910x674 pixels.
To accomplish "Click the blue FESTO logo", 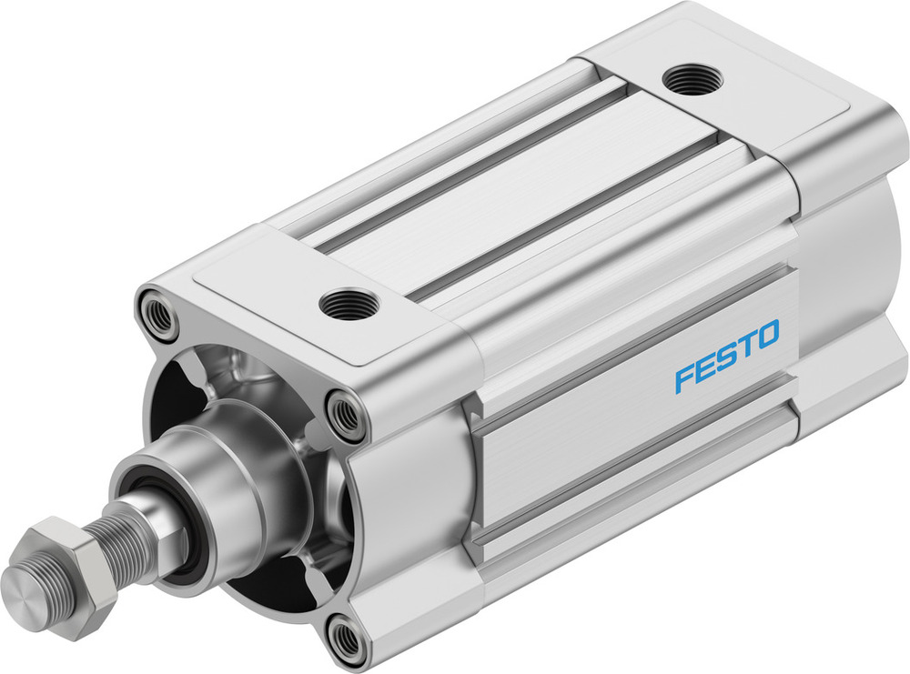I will (726, 356).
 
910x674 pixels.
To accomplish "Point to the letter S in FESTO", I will (725, 357).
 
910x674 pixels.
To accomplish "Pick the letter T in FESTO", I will (745, 346).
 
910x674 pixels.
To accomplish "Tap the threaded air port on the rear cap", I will (693, 80).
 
